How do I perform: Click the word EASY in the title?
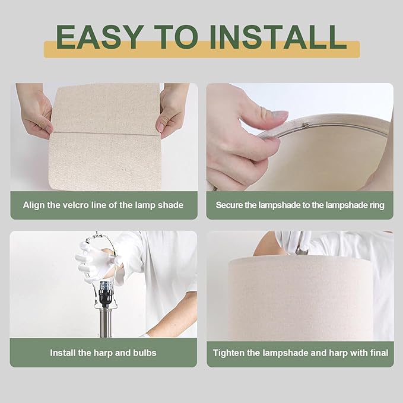tap(100, 37)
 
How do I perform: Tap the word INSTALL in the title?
tap(278, 37)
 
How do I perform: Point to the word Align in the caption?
tap(33, 205)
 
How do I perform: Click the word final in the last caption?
tap(379, 353)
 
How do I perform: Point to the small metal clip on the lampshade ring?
tap(306, 125)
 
